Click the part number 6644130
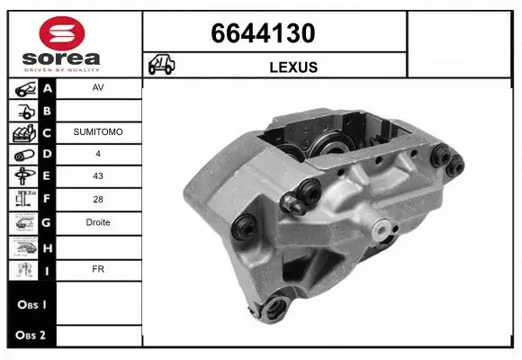[x=263, y=34]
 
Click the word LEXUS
[x=293, y=67]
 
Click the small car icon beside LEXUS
[x=162, y=65]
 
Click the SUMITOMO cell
[x=98, y=132]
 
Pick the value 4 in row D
[x=98, y=155]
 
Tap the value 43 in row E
[x=98, y=177]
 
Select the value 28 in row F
[x=98, y=200]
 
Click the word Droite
[x=98, y=222]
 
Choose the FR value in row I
[x=98, y=267]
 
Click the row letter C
[x=48, y=132]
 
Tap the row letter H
[x=48, y=246]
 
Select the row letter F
[x=48, y=200]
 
